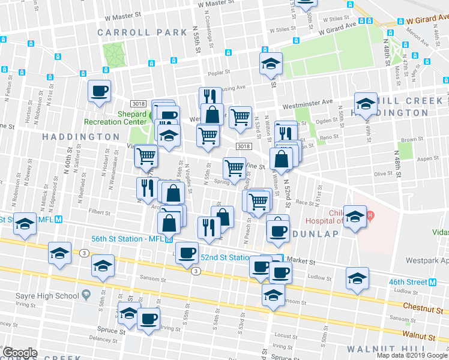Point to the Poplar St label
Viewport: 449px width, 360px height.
point(220,73)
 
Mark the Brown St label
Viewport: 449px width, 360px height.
point(413,139)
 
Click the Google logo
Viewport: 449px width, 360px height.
point(20,353)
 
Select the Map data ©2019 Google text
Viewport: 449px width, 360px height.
point(412,355)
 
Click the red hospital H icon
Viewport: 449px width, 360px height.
point(370,215)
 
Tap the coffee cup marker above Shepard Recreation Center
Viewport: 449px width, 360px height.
point(100,92)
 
